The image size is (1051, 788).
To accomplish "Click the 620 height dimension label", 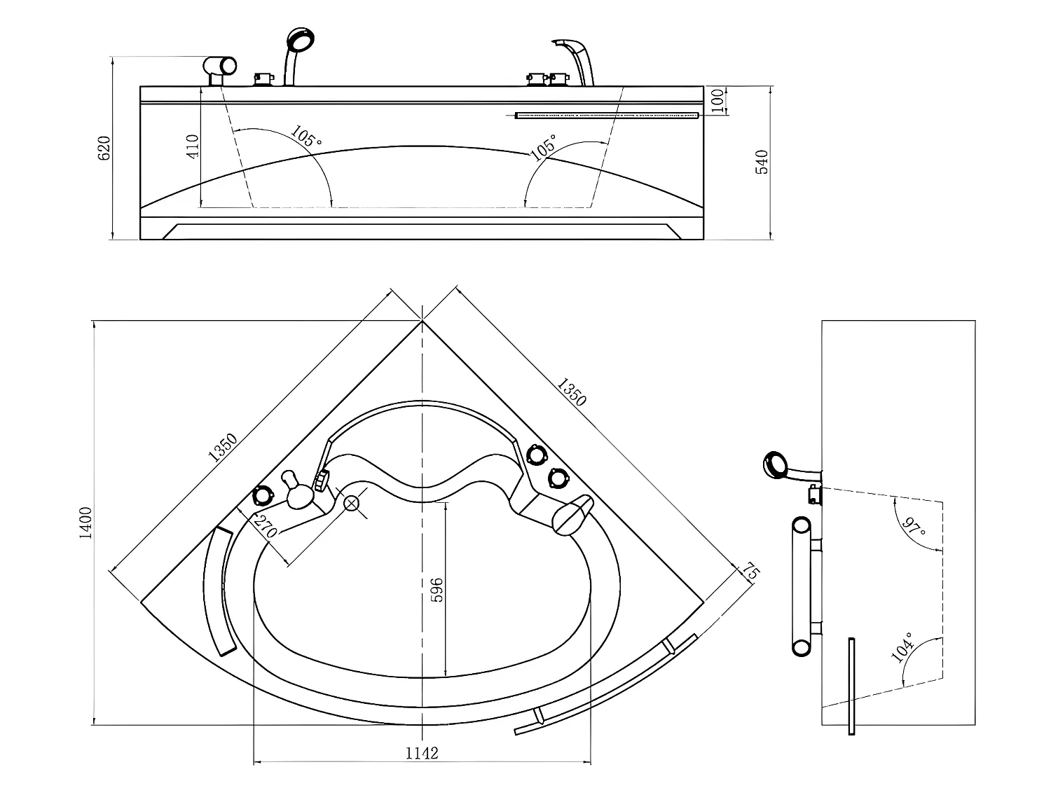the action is [x=104, y=148].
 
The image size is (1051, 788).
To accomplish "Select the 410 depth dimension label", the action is [x=192, y=146].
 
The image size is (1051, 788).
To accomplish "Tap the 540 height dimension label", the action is [x=762, y=162].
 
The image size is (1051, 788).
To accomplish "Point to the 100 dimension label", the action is [x=717, y=100].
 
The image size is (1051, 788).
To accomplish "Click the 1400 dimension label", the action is [x=85, y=523].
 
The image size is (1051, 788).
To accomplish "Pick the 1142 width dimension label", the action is [x=422, y=753].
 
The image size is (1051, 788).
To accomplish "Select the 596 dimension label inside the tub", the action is [x=437, y=590].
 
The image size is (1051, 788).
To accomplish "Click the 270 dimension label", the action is [x=266, y=526].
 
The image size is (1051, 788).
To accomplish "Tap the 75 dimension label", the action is [x=751, y=572].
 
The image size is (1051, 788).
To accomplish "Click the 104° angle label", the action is [x=902, y=647].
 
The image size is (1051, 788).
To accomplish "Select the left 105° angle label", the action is [x=306, y=137].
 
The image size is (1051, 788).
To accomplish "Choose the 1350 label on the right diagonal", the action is [x=571, y=392].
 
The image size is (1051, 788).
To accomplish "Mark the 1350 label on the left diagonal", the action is [x=223, y=448].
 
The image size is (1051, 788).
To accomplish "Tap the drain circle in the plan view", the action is [x=352, y=503].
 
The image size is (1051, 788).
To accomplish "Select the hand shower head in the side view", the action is [x=776, y=465].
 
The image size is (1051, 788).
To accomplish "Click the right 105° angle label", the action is [x=544, y=147].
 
